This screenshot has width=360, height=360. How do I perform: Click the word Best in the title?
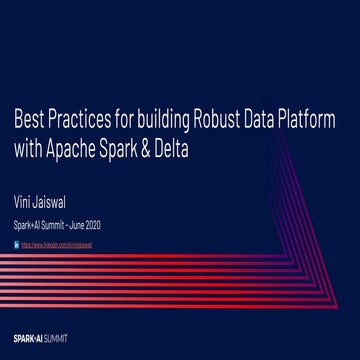click(27, 122)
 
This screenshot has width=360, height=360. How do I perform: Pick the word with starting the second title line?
click(29, 148)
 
